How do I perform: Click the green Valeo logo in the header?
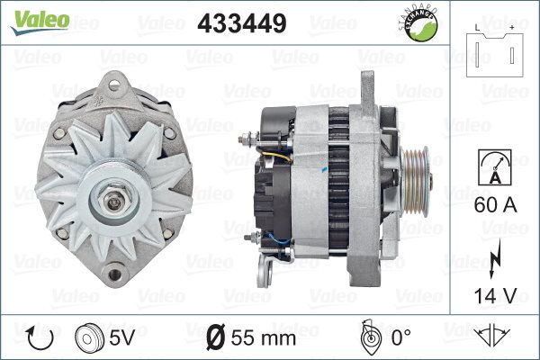(x=40, y=22)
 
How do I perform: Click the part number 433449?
(x=242, y=23)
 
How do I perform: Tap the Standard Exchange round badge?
(x=419, y=23)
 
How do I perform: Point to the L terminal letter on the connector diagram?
(x=477, y=28)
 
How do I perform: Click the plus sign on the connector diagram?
(x=512, y=28)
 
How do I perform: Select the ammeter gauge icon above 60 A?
(x=494, y=167)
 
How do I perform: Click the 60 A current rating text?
(x=495, y=205)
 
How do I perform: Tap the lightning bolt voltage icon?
(x=494, y=258)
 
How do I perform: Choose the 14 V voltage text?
(x=495, y=295)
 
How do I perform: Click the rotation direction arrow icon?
(x=40, y=338)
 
